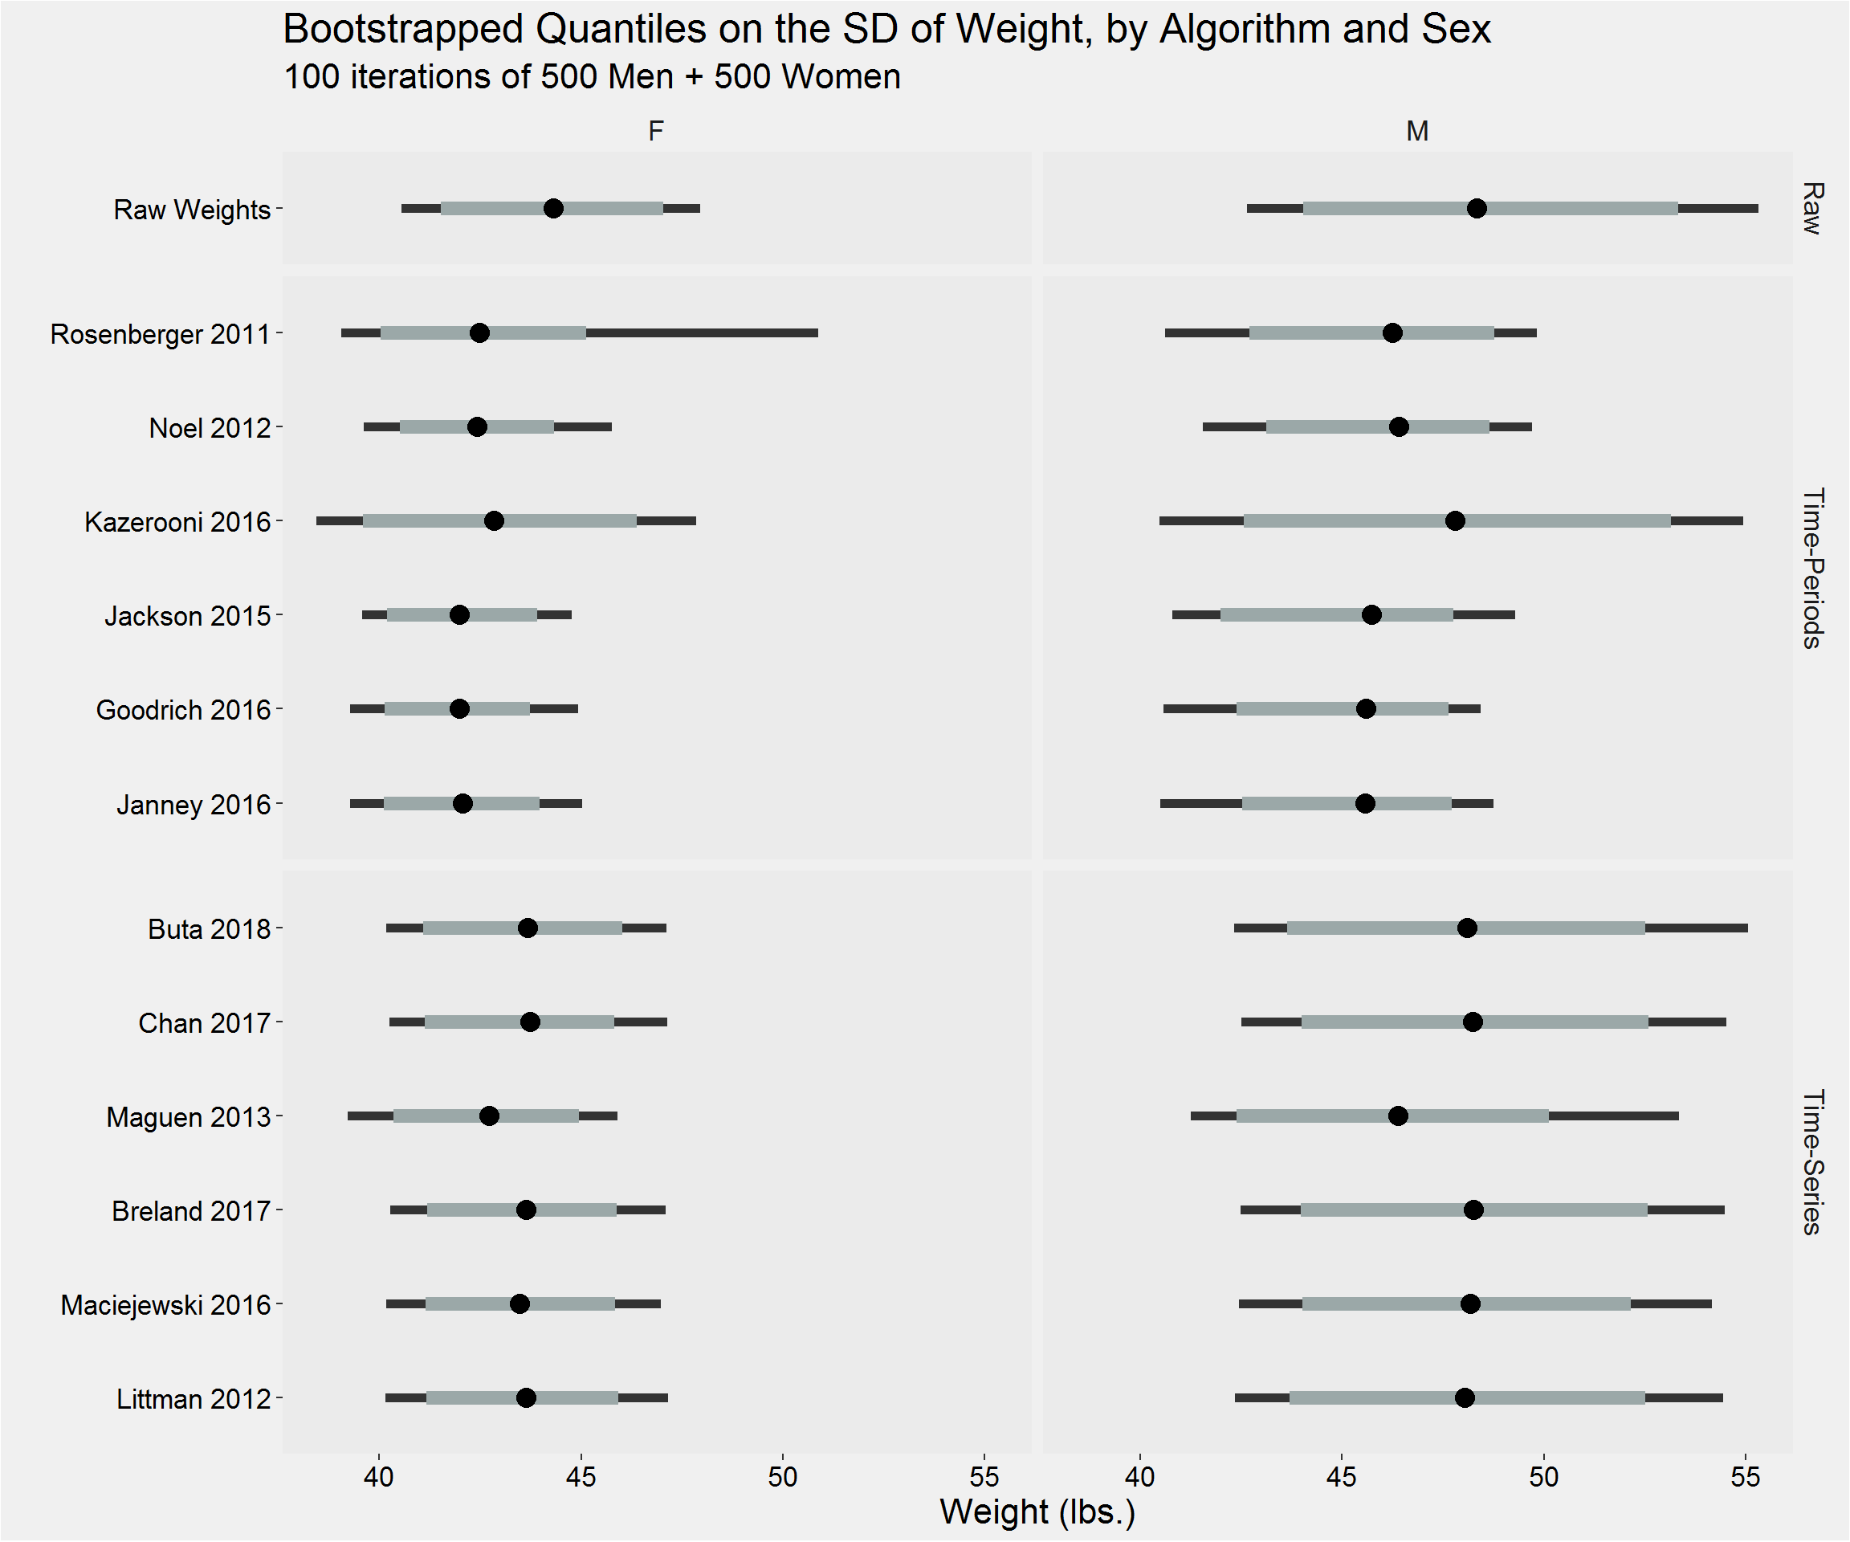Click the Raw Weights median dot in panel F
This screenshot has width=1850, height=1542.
tap(553, 209)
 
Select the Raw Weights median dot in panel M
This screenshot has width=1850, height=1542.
tap(1477, 209)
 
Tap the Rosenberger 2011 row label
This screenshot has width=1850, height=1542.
tap(160, 335)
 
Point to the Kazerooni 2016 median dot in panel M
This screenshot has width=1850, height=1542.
tap(1455, 520)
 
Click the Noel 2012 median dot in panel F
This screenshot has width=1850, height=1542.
tap(477, 427)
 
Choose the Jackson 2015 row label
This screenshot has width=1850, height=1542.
tap(187, 616)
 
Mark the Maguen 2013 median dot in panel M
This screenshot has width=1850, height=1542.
tap(1398, 1116)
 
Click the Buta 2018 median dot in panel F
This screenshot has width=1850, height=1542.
tap(528, 928)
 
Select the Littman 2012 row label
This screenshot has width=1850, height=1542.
tap(193, 1399)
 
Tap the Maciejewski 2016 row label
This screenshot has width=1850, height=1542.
tap(165, 1305)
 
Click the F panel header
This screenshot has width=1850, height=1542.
tap(655, 131)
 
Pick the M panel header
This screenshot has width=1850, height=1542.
tap(1417, 131)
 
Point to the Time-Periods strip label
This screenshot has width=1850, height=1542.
tap(1811, 569)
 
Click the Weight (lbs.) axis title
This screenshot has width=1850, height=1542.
tap(1037, 1512)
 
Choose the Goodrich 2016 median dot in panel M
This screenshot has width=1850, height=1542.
tap(1366, 709)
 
